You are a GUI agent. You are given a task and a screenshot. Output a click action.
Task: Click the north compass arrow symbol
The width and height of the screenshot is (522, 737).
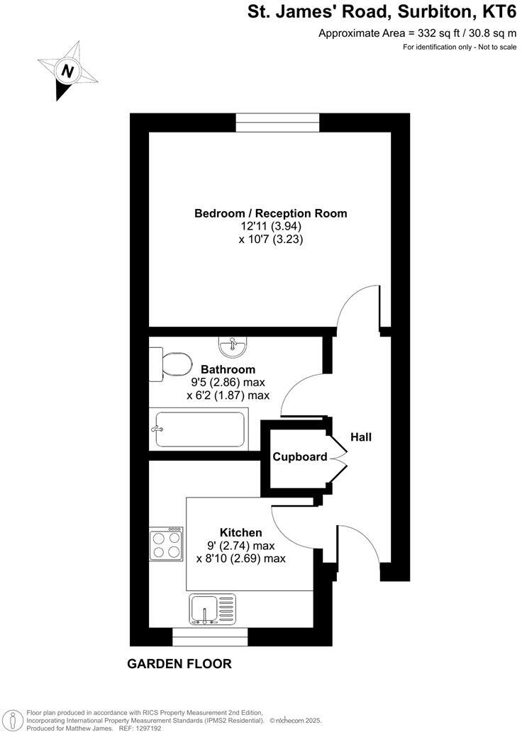point(68,71)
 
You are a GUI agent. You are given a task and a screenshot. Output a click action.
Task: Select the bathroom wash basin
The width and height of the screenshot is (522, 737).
point(232,347)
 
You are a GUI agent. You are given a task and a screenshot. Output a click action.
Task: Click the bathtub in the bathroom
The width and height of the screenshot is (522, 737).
point(199,429)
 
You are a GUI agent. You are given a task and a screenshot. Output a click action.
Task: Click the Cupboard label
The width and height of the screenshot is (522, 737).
point(300,457)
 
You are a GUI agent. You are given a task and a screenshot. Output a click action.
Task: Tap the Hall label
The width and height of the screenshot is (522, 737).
point(360,437)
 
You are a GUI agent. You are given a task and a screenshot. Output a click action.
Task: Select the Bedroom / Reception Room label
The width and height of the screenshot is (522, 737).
point(271,213)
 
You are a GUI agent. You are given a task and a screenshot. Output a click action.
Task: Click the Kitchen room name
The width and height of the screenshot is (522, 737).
point(241,532)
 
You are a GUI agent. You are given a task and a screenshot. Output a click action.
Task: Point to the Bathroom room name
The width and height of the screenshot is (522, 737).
point(228,369)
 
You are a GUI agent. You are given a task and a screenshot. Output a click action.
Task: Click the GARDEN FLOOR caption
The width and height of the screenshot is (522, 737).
point(179,664)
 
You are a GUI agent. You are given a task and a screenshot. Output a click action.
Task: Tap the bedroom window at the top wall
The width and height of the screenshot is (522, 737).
point(277,123)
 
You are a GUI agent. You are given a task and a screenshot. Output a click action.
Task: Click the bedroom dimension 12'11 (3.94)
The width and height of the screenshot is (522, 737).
point(271,227)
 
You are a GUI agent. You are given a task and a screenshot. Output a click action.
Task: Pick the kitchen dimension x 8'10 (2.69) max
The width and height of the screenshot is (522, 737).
point(241,558)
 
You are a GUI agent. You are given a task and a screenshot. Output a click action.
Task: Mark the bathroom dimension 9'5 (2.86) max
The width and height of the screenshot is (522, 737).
point(228,383)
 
